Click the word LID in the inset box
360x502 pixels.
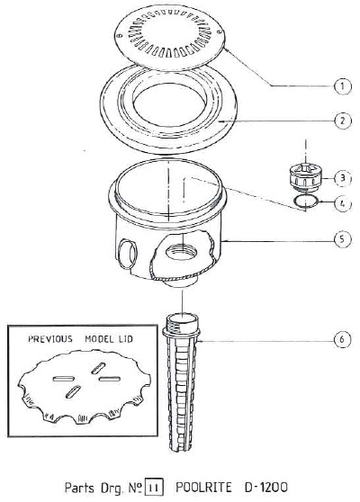pyautogui.click(x=139, y=341)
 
